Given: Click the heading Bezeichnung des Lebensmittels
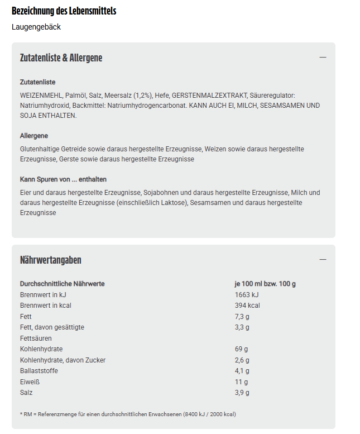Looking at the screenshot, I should click(64, 11).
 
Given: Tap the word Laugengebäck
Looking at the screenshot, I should click(36, 27).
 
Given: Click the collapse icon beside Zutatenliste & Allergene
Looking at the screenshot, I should click(323, 58).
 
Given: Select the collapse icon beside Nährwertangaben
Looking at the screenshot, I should click(323, 260).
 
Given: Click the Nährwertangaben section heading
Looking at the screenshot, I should click(51, 260).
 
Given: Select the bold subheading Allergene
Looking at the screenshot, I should click(34, 136).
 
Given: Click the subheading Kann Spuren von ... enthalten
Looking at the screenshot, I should click(63, 179).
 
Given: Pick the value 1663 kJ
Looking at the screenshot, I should click(247, 294).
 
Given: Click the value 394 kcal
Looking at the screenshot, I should click(247, 306).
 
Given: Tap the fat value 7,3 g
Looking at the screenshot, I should click(242, 317).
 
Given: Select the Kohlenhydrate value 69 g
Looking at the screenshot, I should click(241, 349).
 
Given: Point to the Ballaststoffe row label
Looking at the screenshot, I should click(39, 371).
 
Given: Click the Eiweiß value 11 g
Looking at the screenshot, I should click(241, 382).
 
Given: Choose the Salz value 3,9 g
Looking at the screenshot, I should click(242, 393).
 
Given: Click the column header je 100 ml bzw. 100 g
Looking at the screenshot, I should click(265, 284).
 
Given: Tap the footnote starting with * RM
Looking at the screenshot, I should click(128, 414).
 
